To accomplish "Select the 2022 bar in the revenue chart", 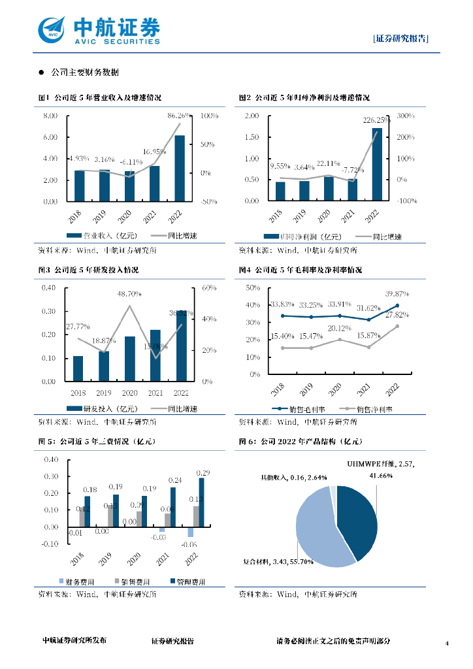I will [x=180, y=169].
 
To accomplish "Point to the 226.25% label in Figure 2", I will [x=377, y=120].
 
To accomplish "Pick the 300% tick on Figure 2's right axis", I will [x=406, y=116].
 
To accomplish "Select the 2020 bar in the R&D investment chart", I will [x=130, y=359].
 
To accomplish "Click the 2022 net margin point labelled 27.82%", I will [x=397, y=326].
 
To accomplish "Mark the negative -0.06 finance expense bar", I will [x=191, y=532].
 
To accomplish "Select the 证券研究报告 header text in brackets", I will [x=401, y=38].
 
